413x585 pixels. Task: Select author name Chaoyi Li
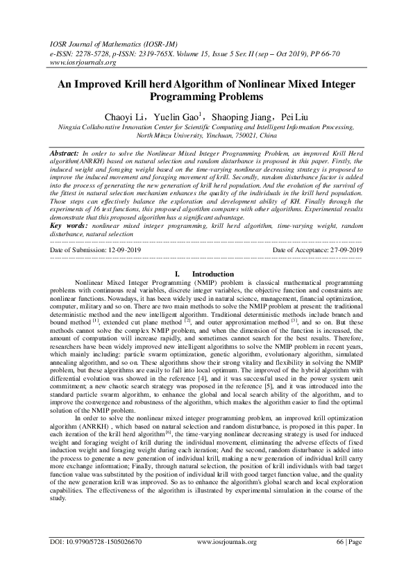pos(124,115)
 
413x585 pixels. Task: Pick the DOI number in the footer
pos(105,561)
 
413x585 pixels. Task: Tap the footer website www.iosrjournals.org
pos(227,561)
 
